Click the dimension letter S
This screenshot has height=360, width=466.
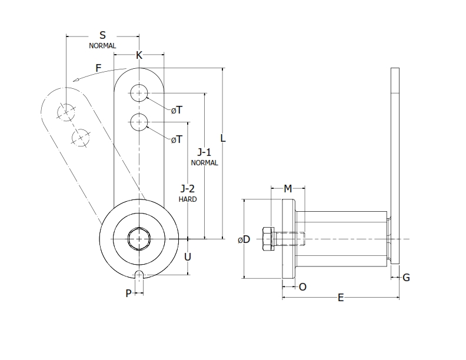pos(102,35)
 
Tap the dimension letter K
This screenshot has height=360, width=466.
pos(139,55)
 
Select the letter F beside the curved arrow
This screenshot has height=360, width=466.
pos(99,68)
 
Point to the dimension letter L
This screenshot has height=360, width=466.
pos(223,138)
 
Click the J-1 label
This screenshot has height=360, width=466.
pos(204,152)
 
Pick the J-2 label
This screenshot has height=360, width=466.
pos(188,188)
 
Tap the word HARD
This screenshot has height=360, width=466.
pos(188,199)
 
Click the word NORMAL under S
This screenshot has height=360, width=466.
pos(102,45)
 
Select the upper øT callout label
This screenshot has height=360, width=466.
pos(177,110)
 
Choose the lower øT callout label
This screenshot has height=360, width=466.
pos(177,139)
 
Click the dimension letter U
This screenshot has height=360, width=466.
pos(188,256)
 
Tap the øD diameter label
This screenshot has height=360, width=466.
pos(244,239)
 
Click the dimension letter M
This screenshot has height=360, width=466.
pos(288,188)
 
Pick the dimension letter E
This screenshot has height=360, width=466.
pos(341,298)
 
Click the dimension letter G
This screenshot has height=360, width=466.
pos(406,277)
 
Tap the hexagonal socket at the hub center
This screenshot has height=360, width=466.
pos(139,239)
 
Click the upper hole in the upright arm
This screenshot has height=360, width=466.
pos(139,92)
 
